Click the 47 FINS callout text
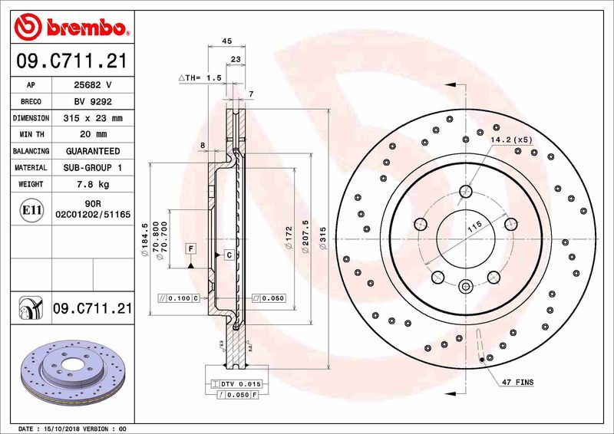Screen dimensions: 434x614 coord(518,381)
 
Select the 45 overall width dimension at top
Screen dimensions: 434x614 coord(226,41)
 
